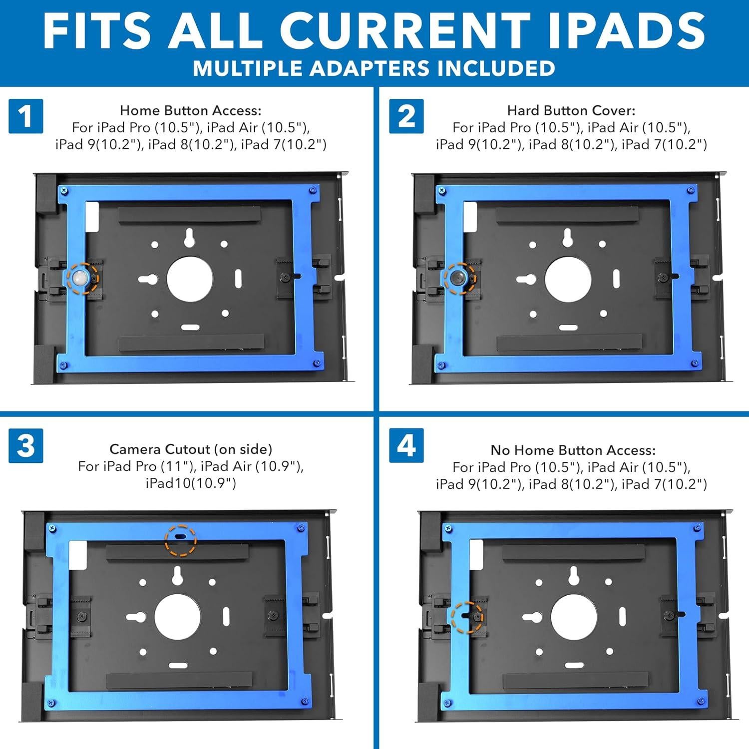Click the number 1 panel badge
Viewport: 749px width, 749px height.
pyautogui.click(x=26, y=116)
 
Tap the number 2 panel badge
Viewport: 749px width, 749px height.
pyautogui.click(x=406, y=116)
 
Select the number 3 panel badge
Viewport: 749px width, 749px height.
pyautogui.click(x=26, y=445)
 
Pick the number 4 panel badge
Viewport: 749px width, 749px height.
pyautogui.click(x=406, y=445)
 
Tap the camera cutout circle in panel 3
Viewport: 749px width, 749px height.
pyautogui.click(x=180, y=540)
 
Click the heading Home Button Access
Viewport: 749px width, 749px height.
pyautogui.click(x=190, y=110)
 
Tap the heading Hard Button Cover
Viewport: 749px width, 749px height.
pyautogui.click(x=571, y=110)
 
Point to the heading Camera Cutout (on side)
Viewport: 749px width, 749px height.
pyautogui.click(x=190, y=449)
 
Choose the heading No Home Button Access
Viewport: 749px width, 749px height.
pyautogui.click(x=573, y=450)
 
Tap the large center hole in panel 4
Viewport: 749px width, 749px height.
pyautogui.click(x=574, y=618)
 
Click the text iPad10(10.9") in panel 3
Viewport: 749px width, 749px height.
pyautogui.click(x=190, y=483)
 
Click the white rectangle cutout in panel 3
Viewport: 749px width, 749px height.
pyautogui.click(x=77, y=556)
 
